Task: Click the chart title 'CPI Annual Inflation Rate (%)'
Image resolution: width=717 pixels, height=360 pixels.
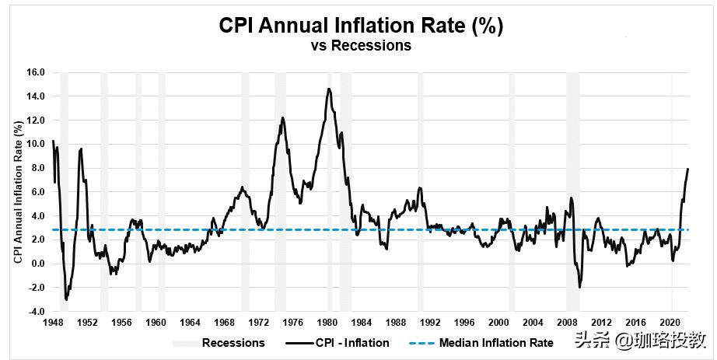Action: point(360,26)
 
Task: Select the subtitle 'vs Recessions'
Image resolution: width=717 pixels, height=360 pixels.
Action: point(360,46)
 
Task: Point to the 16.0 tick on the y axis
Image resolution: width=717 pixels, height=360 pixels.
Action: point(37,72)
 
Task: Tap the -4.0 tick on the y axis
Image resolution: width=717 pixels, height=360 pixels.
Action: point(37,312)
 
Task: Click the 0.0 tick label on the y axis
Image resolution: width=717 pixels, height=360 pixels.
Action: point(38,264)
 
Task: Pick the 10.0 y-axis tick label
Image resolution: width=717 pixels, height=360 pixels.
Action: point(37,144)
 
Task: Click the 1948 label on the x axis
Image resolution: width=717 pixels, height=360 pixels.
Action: point(53,322)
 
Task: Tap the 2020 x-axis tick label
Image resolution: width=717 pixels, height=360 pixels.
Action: point(670,322)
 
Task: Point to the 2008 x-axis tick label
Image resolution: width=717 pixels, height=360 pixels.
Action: point(566,322)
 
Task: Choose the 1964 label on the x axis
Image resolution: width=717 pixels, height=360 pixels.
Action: point(190,322)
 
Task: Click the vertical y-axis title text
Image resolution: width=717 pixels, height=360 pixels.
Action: point(18,192)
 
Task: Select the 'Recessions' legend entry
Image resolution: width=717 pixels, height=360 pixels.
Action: point(233,343)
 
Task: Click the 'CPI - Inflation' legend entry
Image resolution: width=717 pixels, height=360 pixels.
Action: point(355,343)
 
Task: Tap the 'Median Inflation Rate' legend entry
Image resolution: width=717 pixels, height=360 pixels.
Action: point(496,343)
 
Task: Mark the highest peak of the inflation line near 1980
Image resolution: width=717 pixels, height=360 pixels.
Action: point(329,89)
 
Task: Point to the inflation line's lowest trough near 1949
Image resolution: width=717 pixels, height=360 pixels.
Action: point(67,299)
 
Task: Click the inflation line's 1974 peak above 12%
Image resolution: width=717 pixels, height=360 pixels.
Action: point(282,117)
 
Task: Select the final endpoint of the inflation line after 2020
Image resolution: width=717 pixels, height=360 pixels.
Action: point(687,169)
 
